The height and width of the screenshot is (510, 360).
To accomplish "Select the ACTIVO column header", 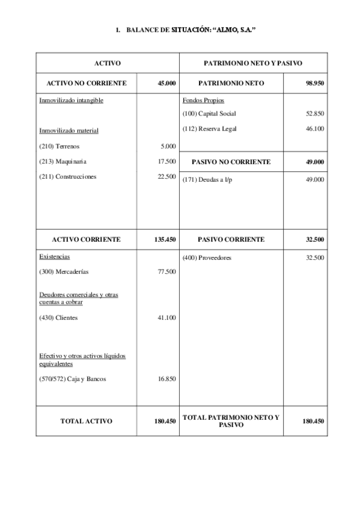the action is click(108, 63).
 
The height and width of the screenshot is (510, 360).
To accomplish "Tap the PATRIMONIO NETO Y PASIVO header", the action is click(253, 63).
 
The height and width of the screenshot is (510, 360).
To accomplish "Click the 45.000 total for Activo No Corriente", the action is click(166, 84).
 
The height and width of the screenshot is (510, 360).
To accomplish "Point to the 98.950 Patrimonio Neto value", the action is click(315, 84).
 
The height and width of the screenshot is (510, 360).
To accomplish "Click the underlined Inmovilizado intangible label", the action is click(71, 100).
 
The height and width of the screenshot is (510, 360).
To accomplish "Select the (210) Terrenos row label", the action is click(59, 146).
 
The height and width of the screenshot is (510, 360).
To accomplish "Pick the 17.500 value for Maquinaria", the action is click(166, 161).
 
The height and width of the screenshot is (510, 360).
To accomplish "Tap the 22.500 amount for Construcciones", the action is click(166, 176).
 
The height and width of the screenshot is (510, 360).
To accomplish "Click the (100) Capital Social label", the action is click(209, 113).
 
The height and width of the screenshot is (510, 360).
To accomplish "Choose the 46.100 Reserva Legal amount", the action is click(315, 128).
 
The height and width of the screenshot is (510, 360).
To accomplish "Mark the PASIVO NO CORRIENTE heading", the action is click(231, 162).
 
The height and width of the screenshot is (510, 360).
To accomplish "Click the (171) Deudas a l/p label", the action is click(206, 180).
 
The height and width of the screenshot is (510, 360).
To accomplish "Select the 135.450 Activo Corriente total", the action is click(164, 239).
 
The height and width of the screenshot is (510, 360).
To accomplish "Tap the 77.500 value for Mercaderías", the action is click(166, 272).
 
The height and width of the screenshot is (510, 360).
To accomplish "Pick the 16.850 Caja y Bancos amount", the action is click(166, 379).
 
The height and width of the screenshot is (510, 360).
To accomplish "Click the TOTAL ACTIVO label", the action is click(86, 422).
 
